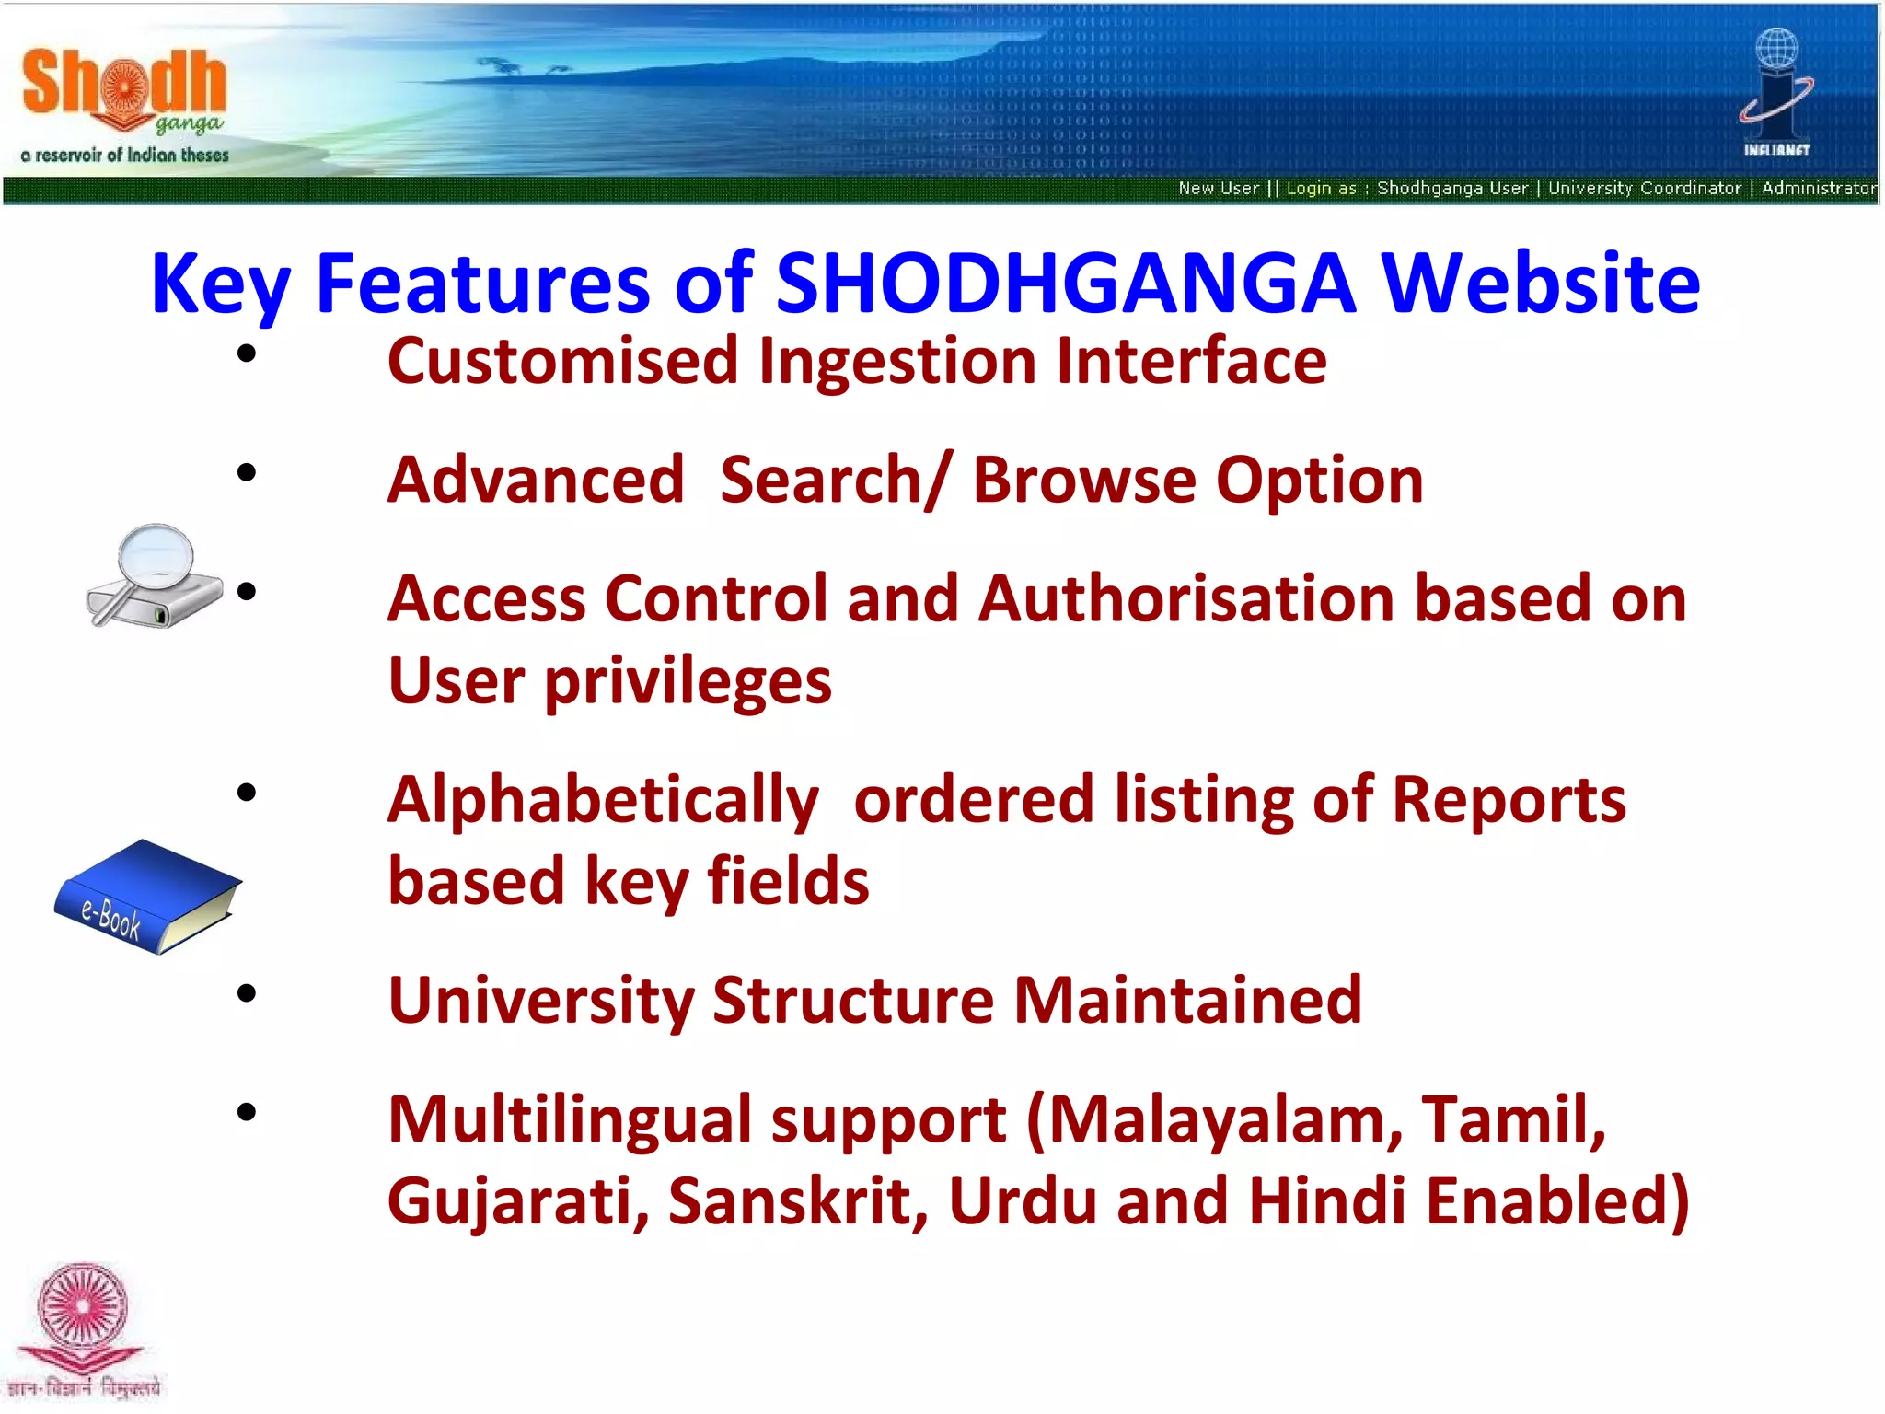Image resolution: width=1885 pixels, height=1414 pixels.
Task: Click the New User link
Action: (x=1218, y=189)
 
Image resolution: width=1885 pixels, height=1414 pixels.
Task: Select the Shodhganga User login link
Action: (x=1452, y=189)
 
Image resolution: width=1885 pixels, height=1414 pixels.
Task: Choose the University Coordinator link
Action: (x=1644, y=189)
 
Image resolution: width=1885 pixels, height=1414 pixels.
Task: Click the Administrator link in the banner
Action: (x=1818, y=189)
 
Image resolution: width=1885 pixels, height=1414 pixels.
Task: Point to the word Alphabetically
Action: (x=603, y=800)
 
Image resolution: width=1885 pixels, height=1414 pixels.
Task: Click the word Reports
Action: (x=1508, y=800)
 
